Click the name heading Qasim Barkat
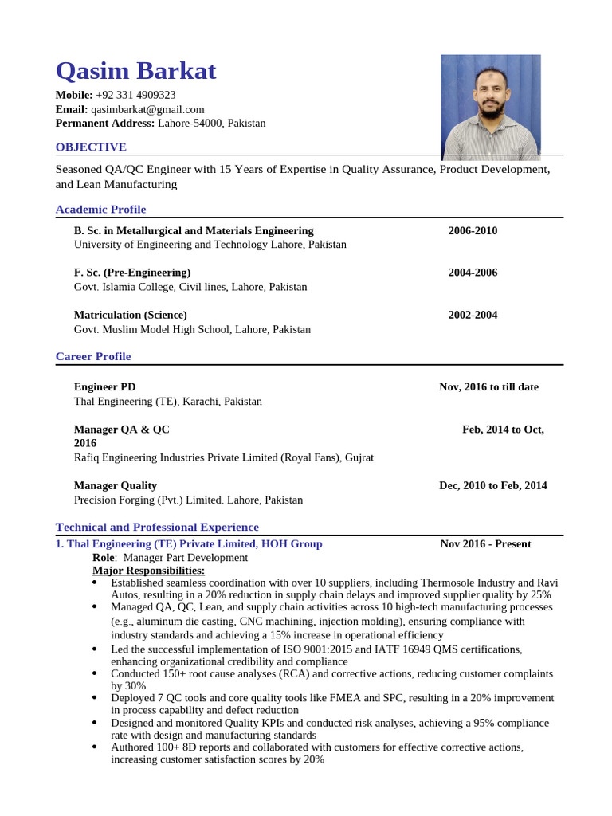pyautogui.click(x=135, y=71)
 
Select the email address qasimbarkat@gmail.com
pyautogui.click(x=147, y=109)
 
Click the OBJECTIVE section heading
pyautogui.click(x=91, y=147)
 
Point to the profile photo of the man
pyautogui.click(x=491, y=107)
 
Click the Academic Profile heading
pyautogui.click(x=100, y=209)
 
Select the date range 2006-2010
pyautogui.click(x=473, y=230)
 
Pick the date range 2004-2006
pyautogui.click(x=473, y=273)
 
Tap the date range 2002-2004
pyautogui.click(x=473, y=315)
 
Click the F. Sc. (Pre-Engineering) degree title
pyautogui.click(x=132, y=273)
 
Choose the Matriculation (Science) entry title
pyautogui.click(x=131, y=315)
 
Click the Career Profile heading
pyautogui.click(x=93, y=356)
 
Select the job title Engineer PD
pyautogui.click(x=104, y=387)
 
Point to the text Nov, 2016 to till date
pyautogui.click(x=488, y=387)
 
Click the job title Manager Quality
pyautogui.click(x=115, y=485)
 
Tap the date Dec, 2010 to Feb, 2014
pyautogui.click(x=493, y=485)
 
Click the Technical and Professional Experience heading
pyautogui.click(x=157, y=527)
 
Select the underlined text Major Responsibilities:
pyautogui.click(x=148, y=571)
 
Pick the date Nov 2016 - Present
pyautogui.click(x=485, y=544)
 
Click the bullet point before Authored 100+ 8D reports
pyautogui.click(x=96, y=747)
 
